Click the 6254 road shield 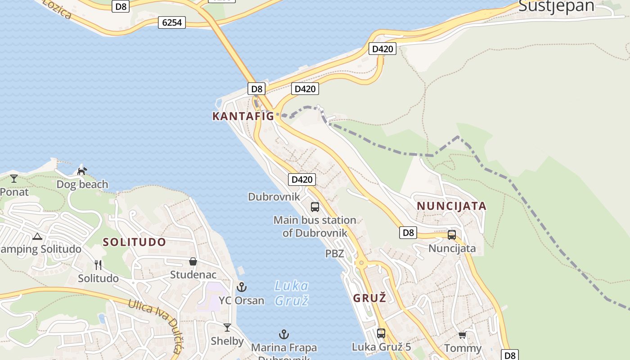point(172,22)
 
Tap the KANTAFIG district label point(243,116)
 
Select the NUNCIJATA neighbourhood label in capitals point(451,206)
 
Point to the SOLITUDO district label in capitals point(135,242)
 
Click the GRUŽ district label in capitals point(369,298)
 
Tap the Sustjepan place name point(556,6)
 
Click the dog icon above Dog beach point(82,171)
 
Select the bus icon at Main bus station point(315,207)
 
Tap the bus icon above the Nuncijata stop point(452,235)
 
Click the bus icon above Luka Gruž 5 point(381,333)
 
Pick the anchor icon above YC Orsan point(242,287)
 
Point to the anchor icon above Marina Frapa point(284,334)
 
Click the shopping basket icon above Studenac point(193,261)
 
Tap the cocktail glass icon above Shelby point(227,328)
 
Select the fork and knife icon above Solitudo point(98,265)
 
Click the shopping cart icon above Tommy point(462,335)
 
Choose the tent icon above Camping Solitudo point(37,236)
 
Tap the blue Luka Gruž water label point(292,293)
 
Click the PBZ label point(335,254)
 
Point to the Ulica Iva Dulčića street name point(155,324)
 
